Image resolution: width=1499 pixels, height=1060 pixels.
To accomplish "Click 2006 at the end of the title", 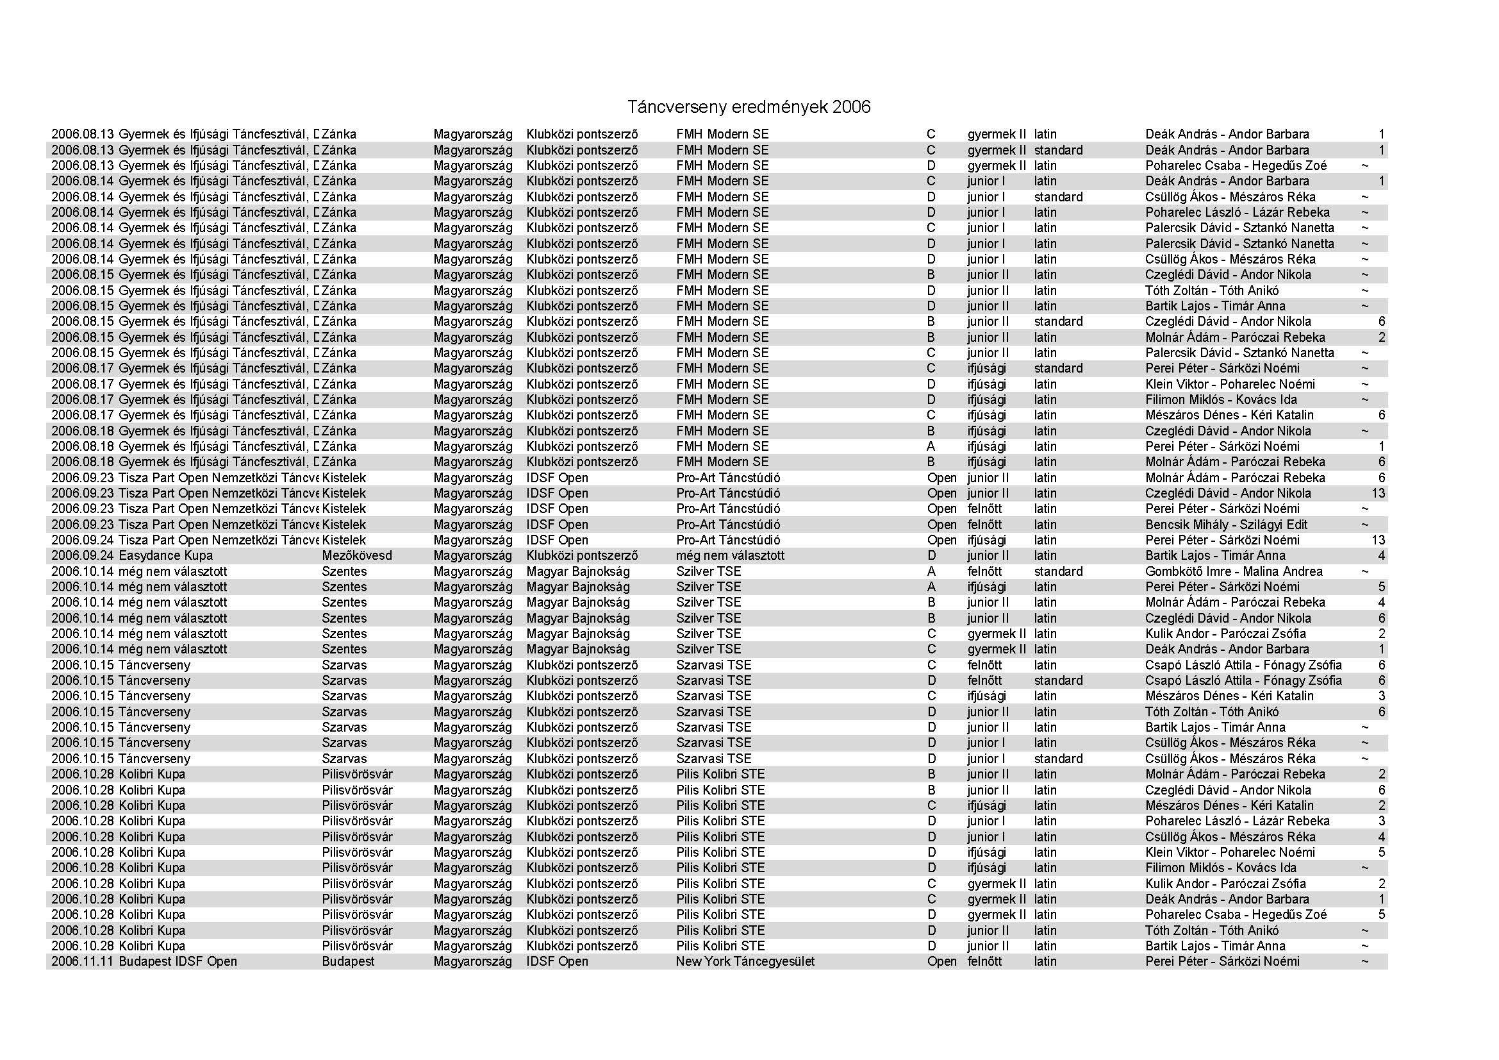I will [x=850, y=107].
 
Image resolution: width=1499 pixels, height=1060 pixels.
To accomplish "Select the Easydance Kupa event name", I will [x=166, y=556].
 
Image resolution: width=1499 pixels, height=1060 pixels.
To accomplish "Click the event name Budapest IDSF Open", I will [x=178, y=961].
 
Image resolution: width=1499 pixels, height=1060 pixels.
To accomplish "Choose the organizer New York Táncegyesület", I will [x=745, y=961].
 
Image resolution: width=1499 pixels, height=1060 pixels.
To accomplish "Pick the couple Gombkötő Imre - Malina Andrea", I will [x=1233, y=571].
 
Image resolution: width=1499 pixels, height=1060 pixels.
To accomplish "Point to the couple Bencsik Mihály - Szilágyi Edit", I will [x=1226, y=525].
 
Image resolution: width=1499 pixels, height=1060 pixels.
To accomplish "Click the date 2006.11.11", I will [x=83, y=961].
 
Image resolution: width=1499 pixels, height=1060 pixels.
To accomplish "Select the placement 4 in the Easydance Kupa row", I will [x=1381, y=556].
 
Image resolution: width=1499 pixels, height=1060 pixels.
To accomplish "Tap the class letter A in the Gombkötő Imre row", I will [x=931, y=571].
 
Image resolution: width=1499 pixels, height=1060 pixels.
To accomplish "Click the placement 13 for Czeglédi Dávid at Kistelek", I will [x=1378, y=493].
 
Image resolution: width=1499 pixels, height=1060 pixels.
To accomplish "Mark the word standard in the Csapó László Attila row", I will [x=1057, y=680].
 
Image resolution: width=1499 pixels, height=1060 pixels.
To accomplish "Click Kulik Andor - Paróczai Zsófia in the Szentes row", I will [x=1225, y=634].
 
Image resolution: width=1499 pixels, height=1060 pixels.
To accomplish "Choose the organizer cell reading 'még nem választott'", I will [x=730, y=556].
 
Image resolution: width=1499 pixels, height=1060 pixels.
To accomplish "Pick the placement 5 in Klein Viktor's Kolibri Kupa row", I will [x=1381, y=852].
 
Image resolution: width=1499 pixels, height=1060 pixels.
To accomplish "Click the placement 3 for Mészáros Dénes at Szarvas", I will [x=1381, y=696].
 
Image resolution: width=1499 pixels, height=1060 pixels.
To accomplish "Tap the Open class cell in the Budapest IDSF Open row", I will [x=941, y=961].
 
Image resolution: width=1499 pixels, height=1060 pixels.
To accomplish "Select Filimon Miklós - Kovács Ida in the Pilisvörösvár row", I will [x=1220, y=868].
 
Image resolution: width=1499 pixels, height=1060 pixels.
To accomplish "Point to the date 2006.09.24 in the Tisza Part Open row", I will [x=83, y=540].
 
